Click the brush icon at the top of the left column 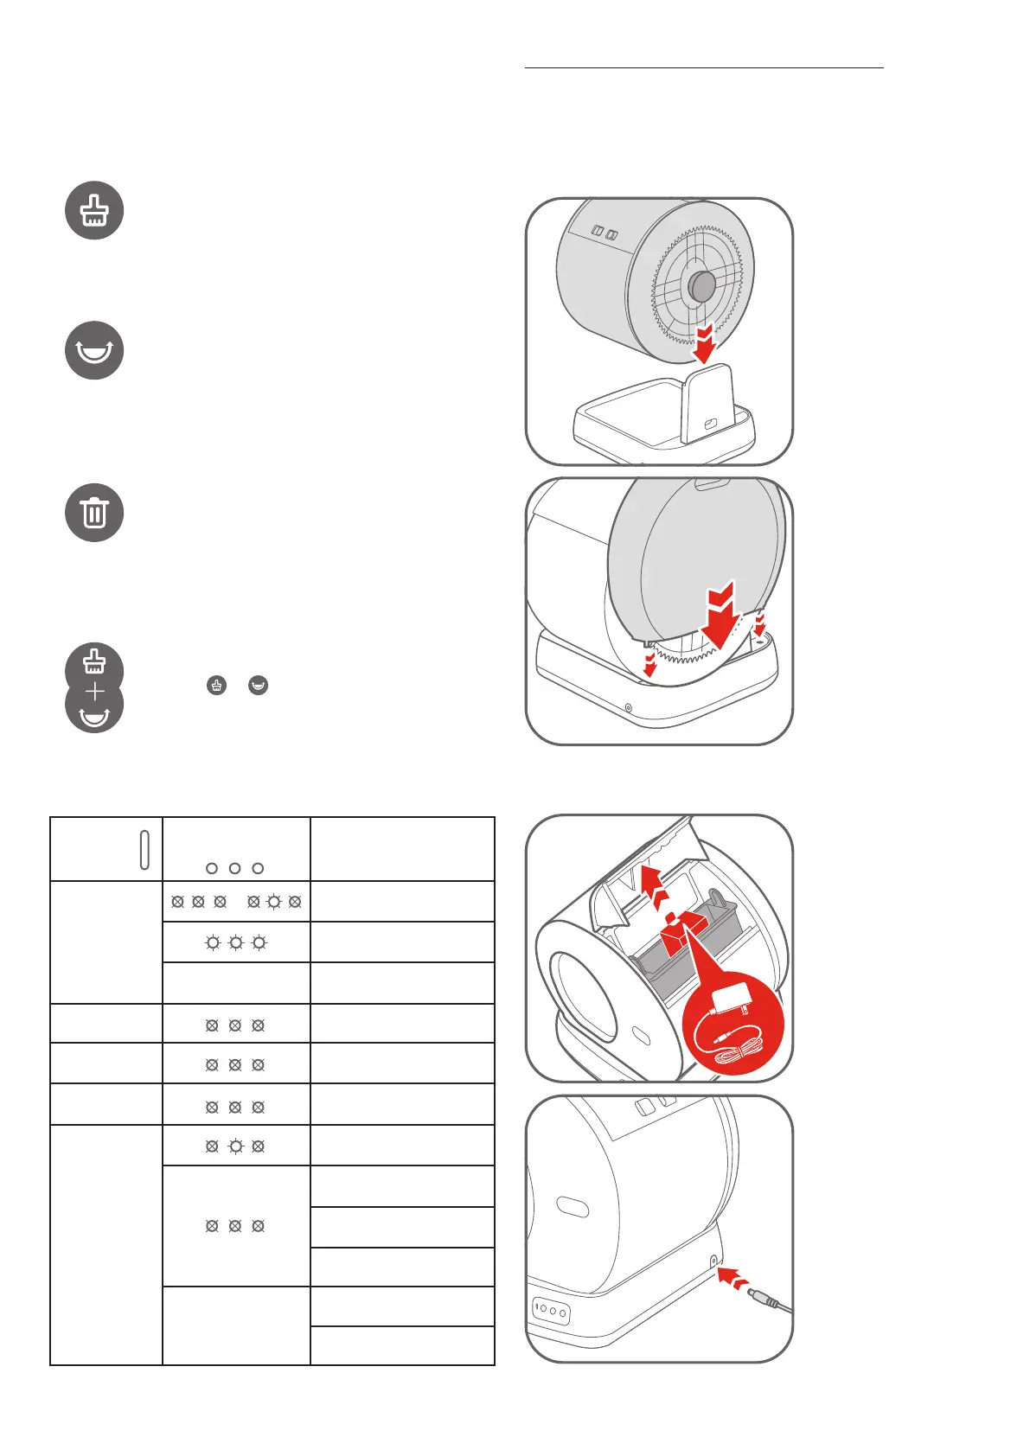pyautogui.click(x=94, y=210)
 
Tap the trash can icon pyautogui.click(x=94, y=513)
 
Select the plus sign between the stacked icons pyautogui.click(x=94, y=692)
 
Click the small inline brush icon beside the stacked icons pyautogui.click(x=216, y=686)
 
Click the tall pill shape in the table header pyautogui.click(x=144, y=849)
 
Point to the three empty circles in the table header pyautogui.click(x=234, y=868)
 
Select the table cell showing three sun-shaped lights pyautogui.click(x=235, y=942)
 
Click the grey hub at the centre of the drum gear pyautogui.click(x=701, y=285)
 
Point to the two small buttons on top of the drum pyautogui.click(x=605, y=233)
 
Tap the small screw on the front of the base pyautogui.click(x=628, y=709)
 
